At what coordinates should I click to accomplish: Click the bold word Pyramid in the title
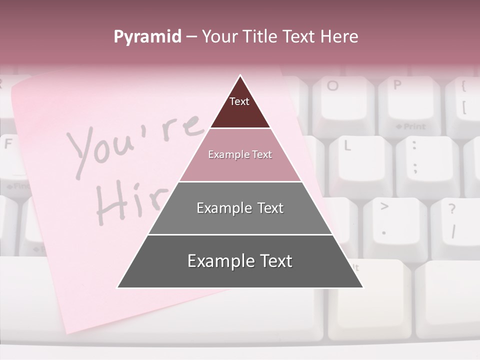click(x=147, y=37)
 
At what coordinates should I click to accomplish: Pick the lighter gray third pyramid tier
click(x=240, y=208)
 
